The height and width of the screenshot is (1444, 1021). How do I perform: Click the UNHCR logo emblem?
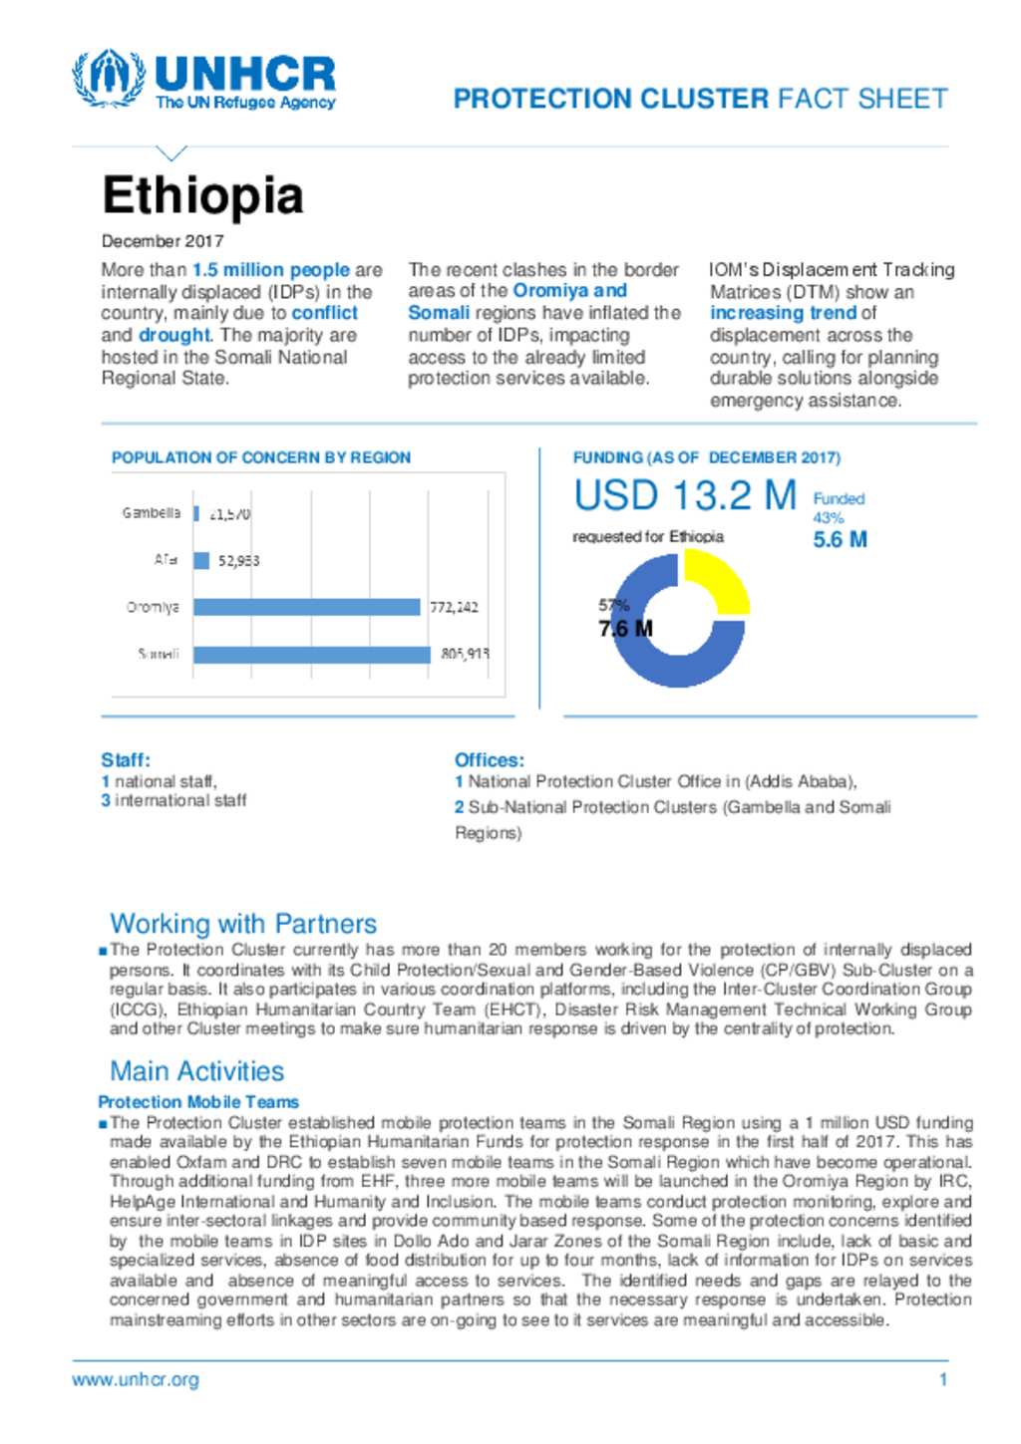pyautogui.click(x=108, y=79)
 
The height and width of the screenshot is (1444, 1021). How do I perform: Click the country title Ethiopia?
pyautogui.click(x=202, y=195)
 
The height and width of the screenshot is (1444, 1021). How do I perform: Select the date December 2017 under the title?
pyautogui.click(x=163, y=241)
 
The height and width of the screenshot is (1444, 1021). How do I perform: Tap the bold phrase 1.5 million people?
pyautogui.click(x=270, y=270)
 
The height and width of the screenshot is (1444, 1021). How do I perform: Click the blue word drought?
pyautogui.click(x=174, y=336)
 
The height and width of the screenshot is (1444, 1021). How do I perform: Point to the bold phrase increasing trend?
pyautogui.click(x=784, y=313)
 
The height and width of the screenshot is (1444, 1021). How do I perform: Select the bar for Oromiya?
pyautogui.click(x=306, y=607)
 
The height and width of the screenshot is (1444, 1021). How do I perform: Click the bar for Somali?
pyautogui.click(x=312, y=655)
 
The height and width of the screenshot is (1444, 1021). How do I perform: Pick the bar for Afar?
pyautogui.click(x=201, y=561)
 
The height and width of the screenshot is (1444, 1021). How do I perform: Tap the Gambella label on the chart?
pyautogui.click(x=152, y=513)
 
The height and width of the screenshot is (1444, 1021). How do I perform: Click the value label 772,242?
pyautogui.click(x=454, y=607)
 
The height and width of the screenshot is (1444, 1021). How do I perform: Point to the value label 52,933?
pyautogui.click(x=239, y=561)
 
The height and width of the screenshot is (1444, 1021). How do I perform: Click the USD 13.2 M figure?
pyautogui.click(x=685, y=495)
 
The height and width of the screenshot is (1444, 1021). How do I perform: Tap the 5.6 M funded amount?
pyautogui.click(x=840, y=540)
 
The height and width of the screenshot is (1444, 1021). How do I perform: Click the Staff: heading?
pyautogui.click(x=126, y=759)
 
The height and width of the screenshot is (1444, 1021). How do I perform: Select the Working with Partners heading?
pyautogui.click(x=243, y=924)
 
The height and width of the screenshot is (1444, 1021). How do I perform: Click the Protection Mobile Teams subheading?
pyautogui.click(x=198, y=1102)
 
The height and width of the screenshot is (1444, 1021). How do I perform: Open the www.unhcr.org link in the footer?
pyautogui.click(x=136, y=1380)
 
